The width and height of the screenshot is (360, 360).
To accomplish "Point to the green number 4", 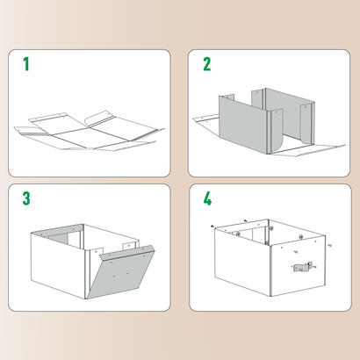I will click(207, 198).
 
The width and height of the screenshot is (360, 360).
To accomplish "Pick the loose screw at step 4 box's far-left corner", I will click(213, 226).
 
